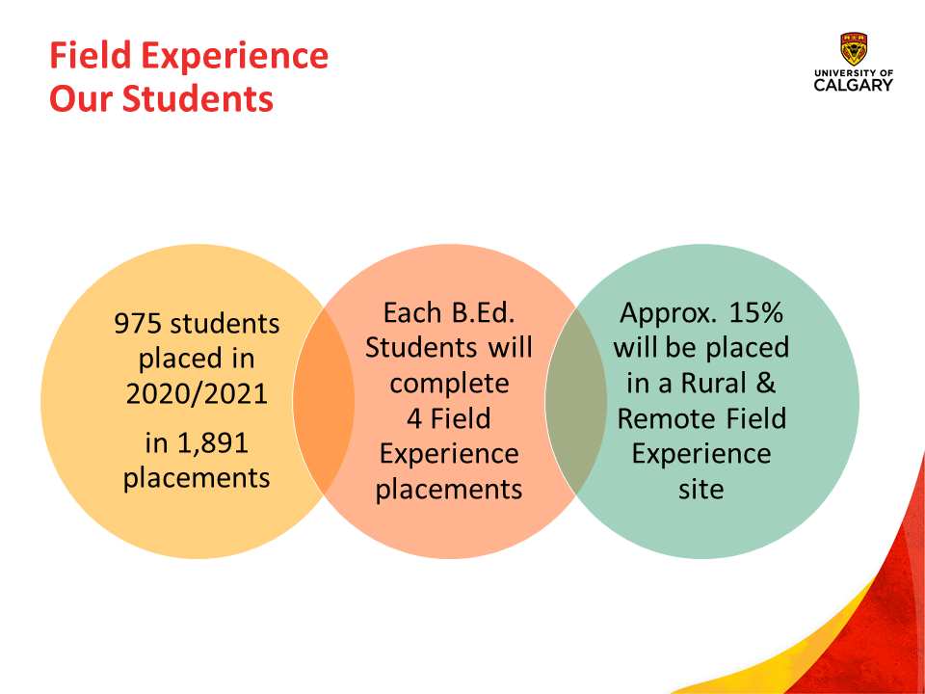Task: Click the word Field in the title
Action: pyautogui.click(x=91, y=56)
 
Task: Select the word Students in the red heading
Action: pyautogui.click(x=198, y=98)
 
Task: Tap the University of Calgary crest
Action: pyautogui.click(x=854, y=49)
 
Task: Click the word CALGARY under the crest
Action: pyautogui.click(x=854, y=85)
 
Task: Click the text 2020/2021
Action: pyautogui.click(x=197, y=393)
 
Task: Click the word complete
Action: pyautogui.click(x=449, y=385)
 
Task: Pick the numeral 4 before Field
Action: pyautogui.click(x=414, y=418)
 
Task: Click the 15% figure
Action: pyautogui.click(x=755, y=312)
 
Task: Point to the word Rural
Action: pyautogui.click(x=714, y=383)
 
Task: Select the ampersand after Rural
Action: pyautogui.click(x=765, y=383)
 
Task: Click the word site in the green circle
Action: pyautogui.click(x=700, y=490)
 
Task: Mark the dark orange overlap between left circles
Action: pyautogui.click(x=324, y=401)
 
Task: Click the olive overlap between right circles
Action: pyautogui.click(x=576, y=401)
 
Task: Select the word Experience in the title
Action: pyautogui.click(x=235, y=57)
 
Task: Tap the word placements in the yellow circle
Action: pyautogui.click(x=197, y=479)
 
